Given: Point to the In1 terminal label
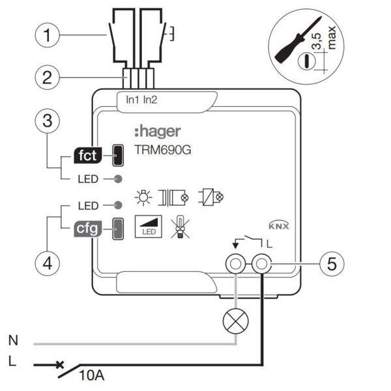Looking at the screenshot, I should coord(132,100).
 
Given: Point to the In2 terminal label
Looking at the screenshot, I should coord(151,100).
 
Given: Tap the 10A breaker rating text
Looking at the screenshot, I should coord(92,376).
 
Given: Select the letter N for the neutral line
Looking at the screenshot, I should coord(13,340).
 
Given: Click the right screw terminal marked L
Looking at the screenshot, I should coord(262,265).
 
